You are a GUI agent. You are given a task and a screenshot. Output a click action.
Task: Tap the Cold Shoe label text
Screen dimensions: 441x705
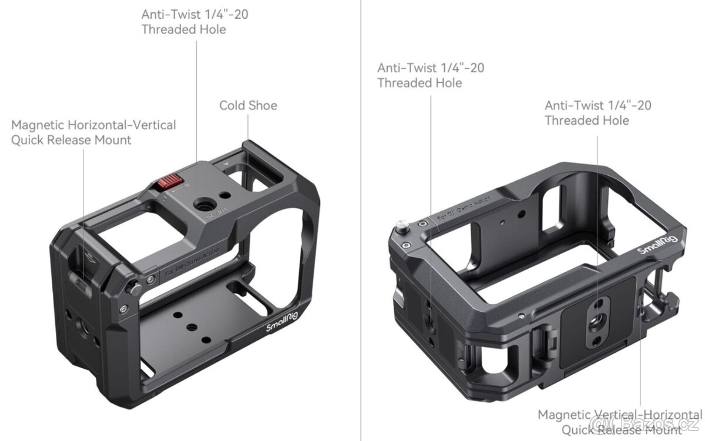click(x=248, y=105)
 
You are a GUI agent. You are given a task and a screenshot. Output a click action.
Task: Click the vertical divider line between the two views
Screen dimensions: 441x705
click(x=360, y=235)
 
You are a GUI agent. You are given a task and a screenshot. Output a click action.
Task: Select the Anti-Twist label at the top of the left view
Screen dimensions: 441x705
click(x=194, y=22)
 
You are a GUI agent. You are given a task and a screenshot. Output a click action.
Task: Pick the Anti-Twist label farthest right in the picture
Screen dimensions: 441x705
click(x=597, y=113)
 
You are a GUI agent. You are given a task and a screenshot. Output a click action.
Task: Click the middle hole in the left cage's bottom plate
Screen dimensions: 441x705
click(x=191, y=326)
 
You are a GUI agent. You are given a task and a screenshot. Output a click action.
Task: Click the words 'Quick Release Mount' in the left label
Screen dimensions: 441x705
click(x=71, y=140)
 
